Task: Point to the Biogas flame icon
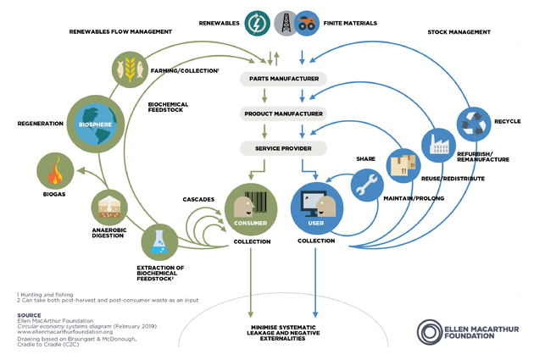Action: coord(57,174)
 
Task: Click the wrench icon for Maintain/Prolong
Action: coord(367,185)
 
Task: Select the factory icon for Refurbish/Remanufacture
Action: coord(438,147)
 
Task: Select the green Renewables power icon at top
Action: coord(257,23)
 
